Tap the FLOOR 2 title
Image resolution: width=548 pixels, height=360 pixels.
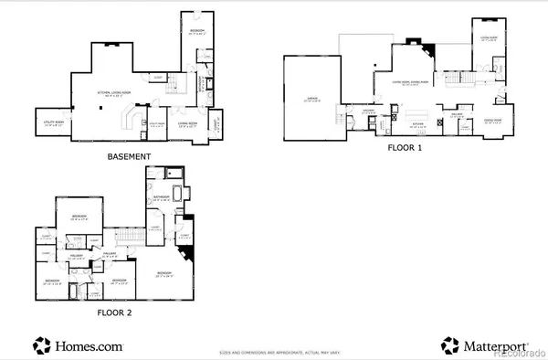[120, 312]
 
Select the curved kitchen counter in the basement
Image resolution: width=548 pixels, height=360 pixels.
[128, 118]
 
